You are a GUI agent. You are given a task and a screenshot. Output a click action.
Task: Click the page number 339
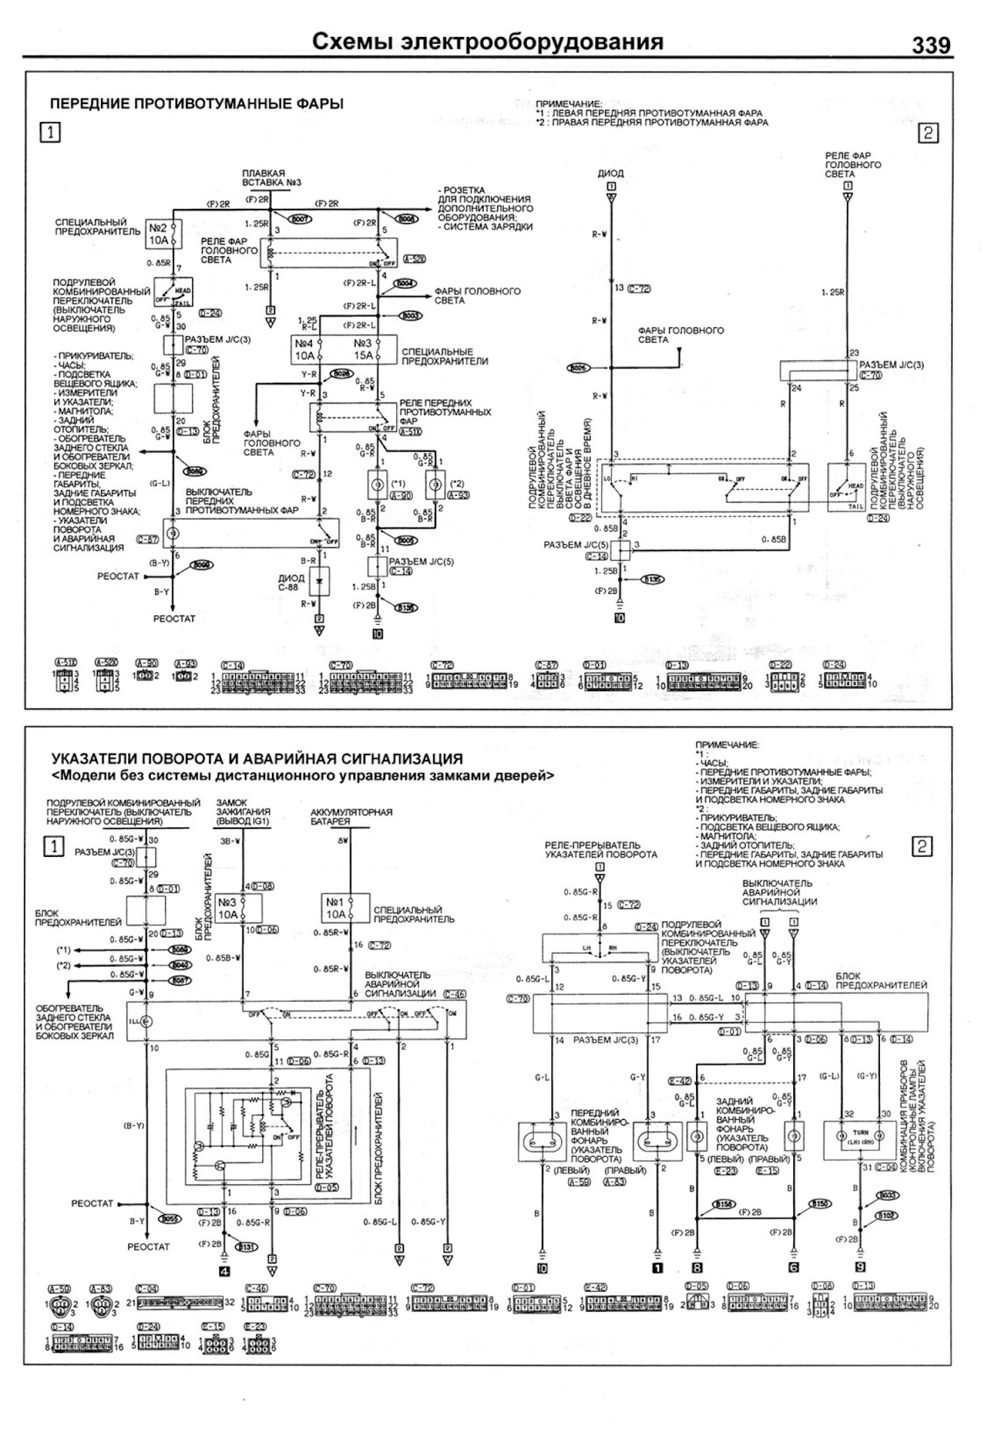click(931, 44)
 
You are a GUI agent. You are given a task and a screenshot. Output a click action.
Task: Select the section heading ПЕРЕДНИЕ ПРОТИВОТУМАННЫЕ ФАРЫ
click(197, 104)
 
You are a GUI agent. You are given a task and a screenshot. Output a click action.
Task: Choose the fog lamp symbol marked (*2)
click(435, 485)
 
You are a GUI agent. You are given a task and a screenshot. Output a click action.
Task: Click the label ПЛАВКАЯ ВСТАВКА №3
click(264, 178)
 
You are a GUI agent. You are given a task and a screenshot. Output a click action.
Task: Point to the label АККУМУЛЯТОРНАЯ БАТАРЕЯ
click(351, 817)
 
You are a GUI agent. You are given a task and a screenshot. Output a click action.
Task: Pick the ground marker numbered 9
click(860, 1268)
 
